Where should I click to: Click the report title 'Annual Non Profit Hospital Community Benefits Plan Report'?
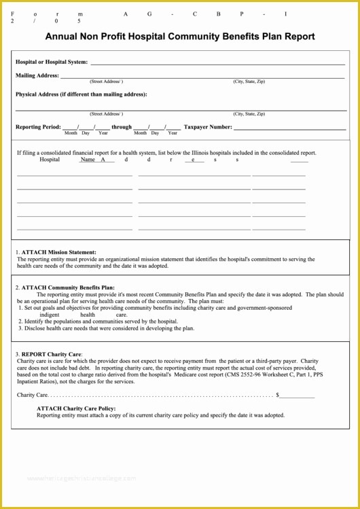point(180,37)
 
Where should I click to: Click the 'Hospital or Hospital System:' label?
point(52,62)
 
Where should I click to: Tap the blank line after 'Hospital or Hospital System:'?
point(217,63)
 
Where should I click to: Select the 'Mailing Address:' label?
point(37,75)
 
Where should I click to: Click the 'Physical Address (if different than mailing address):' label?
point(82,94)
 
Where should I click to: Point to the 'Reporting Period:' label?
point(38,126)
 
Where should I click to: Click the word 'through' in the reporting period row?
point(122,126)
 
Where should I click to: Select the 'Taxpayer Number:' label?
point(208,126)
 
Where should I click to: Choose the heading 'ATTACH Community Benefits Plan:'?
point(68,287)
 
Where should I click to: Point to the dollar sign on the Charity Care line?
point(277,394)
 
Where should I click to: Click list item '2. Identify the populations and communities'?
point(98,321)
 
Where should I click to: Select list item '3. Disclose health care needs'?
point(106,328)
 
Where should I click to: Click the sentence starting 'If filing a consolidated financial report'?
point(166,153)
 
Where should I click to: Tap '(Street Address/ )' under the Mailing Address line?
point(106,82)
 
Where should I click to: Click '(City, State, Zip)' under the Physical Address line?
point(249,113)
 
